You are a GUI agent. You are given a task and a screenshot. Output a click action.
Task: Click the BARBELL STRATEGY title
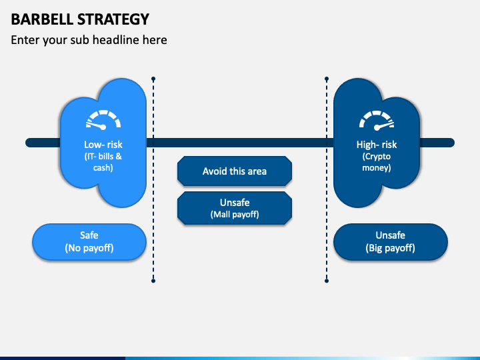(x=80, y=19)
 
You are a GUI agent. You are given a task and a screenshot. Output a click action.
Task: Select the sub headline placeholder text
(x=89, y=40)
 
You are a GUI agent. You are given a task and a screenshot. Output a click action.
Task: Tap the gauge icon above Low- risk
(x=103, y=120)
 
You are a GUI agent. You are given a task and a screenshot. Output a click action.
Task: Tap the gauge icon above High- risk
(x=377, y=120)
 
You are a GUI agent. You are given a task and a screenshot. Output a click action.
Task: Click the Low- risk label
(x=103, y=145)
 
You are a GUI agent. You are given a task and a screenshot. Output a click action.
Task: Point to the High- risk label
(x=377, y=145)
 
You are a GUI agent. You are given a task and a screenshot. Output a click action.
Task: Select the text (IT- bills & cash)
(x=103, y=162)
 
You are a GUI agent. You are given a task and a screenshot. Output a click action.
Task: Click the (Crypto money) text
(x=377, y=162)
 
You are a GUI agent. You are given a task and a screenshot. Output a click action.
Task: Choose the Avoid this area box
(x=235, y=171)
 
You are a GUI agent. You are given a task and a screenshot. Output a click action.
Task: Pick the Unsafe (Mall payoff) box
(x=235, y=208)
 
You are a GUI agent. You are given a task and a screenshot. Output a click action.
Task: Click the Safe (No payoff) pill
(x=89, y=241)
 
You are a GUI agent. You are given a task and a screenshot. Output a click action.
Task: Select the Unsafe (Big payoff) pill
(x=390, y=241)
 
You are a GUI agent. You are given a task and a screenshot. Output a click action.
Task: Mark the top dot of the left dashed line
(x=153, y=79)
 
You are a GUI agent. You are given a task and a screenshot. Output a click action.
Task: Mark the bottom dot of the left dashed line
(x=153, y=281)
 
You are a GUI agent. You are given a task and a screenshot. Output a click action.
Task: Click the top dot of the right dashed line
(x=327, y=79)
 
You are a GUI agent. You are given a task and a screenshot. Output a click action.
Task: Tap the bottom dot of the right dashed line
(x=327, y=281)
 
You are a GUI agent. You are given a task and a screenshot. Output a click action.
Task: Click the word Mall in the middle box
(x=223, y=215)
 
